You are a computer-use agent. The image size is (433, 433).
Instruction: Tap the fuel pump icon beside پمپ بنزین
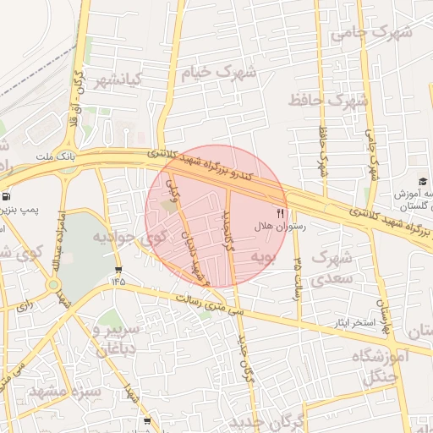pyautogui.click(x=4, y=194)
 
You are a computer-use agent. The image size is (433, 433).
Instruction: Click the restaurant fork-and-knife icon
pyautogui.click(x=281, y=212)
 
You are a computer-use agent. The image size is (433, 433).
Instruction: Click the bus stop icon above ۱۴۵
pyautogui.click(x=117, y=271)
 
